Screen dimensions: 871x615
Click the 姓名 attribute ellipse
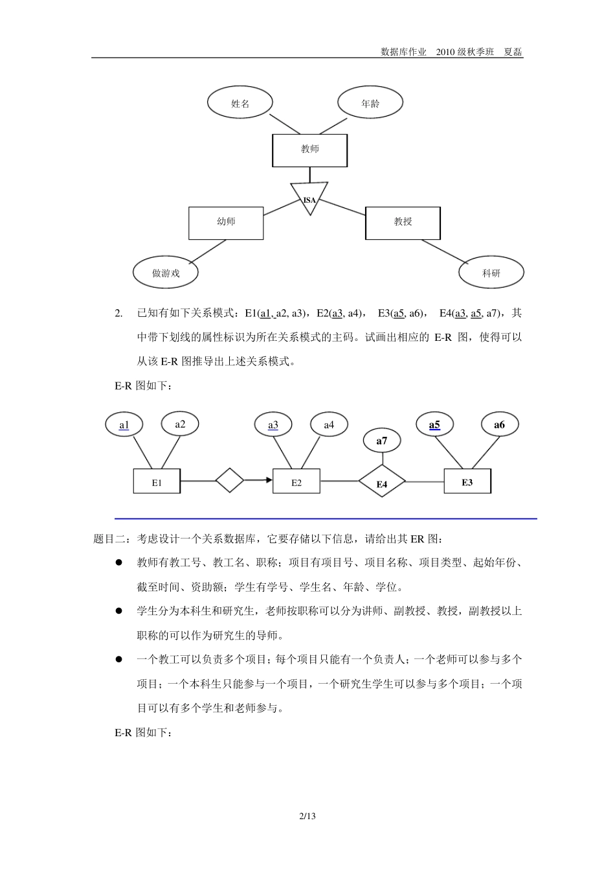pyautogui.click(x=240, y=103)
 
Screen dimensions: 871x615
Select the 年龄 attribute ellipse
pyautogui.click(x=370, y=103)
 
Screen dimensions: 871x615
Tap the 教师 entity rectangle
pyautogui.click(x=309, y=150)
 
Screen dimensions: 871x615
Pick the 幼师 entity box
pyautogui.click(x=226, y=222)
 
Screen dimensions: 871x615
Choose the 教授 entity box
pyautogui.click(x=403, y=222)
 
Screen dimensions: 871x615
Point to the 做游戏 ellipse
pyautogui.click(x=166, y=273)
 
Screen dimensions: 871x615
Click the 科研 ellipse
pyautogui.click(x=491, y=273)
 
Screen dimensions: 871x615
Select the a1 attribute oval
pyautogui.click(x=124, y=425)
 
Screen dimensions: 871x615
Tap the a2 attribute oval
pyautogui.click(x=180, y=424)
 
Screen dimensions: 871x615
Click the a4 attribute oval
pyautogui.click(x=329, y=425)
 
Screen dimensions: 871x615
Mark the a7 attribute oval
pyautogui.click(x=382, y=441)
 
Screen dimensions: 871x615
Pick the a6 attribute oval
pyautogui.click(x=499, y=425)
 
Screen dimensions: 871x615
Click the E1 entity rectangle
pyautogui.click(x=157, y=482)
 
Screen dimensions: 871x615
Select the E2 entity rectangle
pyautogui.click(x=296, y=482)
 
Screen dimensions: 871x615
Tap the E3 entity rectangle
pyautogui.click(x=467, y=482)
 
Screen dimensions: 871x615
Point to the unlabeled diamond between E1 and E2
pyautogui.click(x=229, y=481)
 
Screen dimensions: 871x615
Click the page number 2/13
pyautogui.click(x=307, y=816)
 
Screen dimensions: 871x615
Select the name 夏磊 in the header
pyautogui.click(x=513, y=52)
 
